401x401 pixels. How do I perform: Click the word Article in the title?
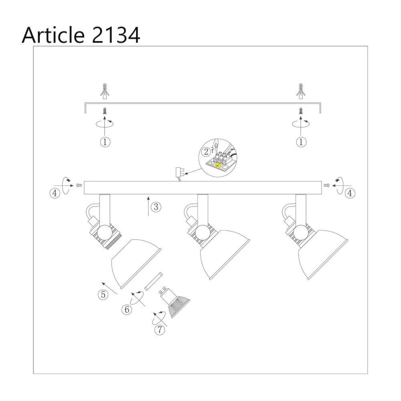click(x=53, y=35)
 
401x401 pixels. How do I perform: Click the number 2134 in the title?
click(x=115, y=35)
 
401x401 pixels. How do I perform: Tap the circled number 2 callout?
click(x=206, y=152)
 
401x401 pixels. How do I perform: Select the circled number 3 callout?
click(x=156, y=207)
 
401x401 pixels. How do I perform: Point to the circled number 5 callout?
click(x=103, y=295)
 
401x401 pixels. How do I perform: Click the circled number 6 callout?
click(x=127, y=310)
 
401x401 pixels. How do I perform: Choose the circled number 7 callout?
click(x=160, y=330)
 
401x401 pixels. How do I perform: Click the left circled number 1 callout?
click(x=105, y=142)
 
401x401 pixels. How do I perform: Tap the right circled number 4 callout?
click(x=350, y=193)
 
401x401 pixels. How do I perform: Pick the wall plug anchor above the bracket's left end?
click(x=105, y=91)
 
